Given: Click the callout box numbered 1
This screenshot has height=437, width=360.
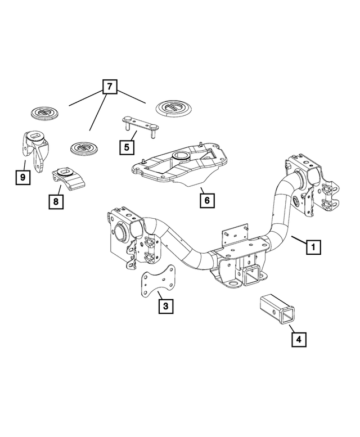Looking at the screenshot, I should click(x=313, y=247).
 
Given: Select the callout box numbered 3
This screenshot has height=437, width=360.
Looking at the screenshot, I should click(x=165, y=306).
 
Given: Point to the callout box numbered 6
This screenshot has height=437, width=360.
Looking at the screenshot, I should click(x=206, y=200).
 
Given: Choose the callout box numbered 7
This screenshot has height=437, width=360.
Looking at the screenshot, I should click(x=109, y=87).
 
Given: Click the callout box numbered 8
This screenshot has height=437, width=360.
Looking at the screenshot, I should click(x=55, y=200).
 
